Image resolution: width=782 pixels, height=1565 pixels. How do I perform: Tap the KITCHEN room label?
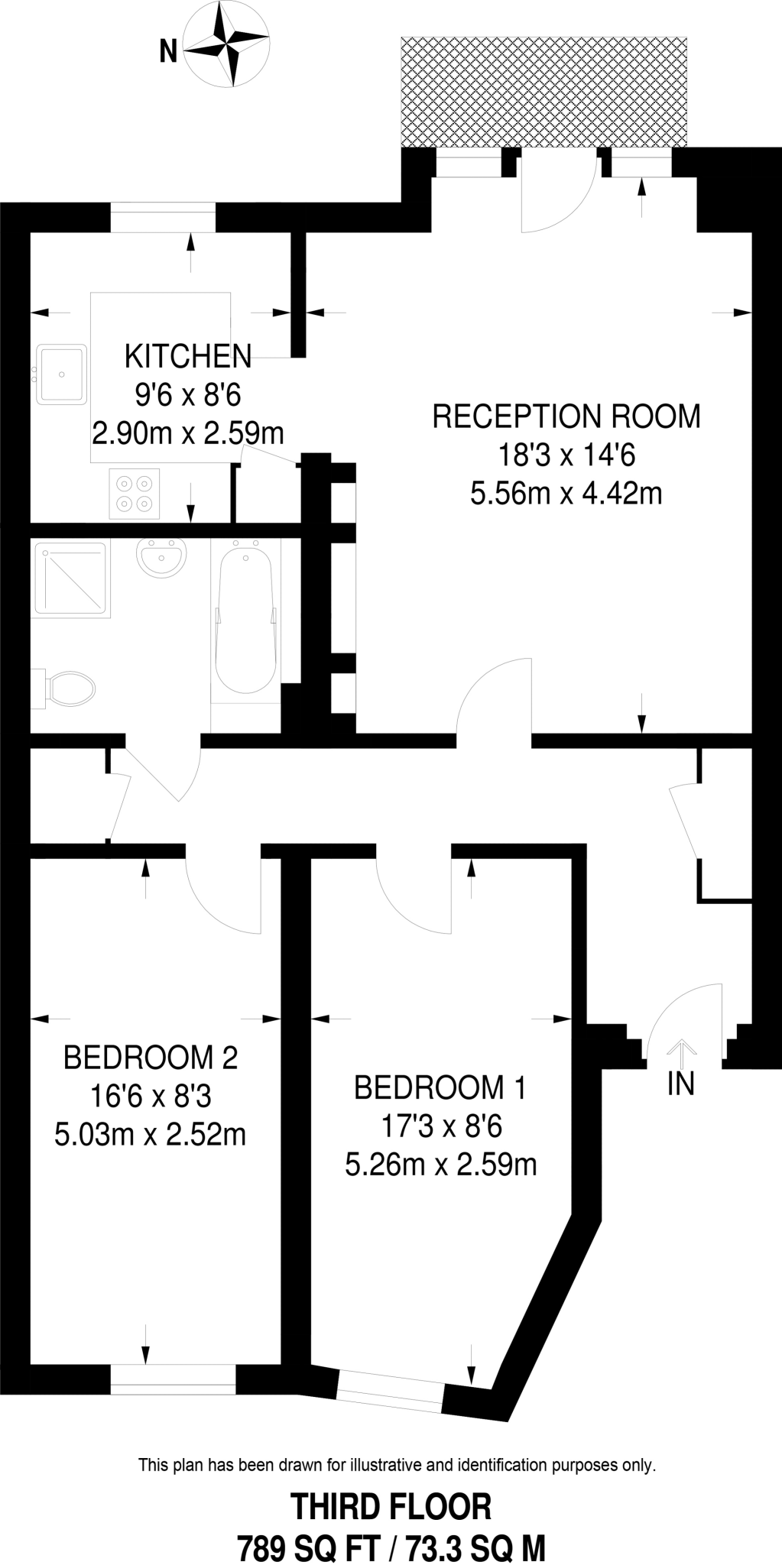pyautogui.click(x=187, y=356)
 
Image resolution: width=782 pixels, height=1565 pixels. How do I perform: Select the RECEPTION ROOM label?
pyautogui.click(x=566, y=416)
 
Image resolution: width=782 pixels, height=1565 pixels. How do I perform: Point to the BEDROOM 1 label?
pyautogui.click(x=440, y=1087)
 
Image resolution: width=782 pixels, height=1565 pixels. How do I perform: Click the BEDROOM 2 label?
pyautogui.click(x=151, y=1058)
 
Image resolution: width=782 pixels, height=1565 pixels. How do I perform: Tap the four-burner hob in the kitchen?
pyautogui.click(x=135, y=494)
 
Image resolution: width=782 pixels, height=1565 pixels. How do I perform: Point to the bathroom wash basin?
pyautogui.click(x=162, y=556)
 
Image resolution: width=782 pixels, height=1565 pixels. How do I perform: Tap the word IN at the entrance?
pyautogui.click(x=680, y=1084)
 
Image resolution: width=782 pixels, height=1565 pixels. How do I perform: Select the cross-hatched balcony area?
pyautogui.click(x=544, y=92)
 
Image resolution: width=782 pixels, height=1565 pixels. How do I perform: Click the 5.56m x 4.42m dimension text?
pyautogui.click(x=566, y=494)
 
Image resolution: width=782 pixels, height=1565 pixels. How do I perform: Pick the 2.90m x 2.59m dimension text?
pyautogui.click(x=187, y=433)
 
